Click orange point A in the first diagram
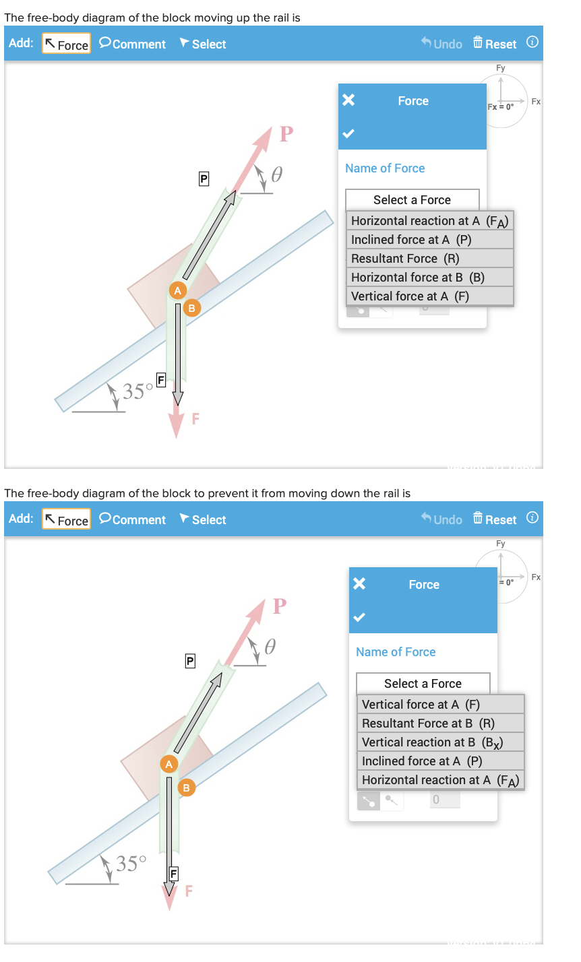coord(177,290)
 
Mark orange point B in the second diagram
coord(186,787)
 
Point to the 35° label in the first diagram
coord(133,391)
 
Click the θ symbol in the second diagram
coord(269,647)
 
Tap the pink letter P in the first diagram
coord(286,134)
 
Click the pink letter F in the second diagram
coord(189,892)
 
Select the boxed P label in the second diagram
coord(190,662)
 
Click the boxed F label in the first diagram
coord(161,379)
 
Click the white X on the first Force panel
coord(348,100)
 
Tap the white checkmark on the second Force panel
coord(359,616)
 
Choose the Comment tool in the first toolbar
coord(132,44)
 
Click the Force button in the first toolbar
coord(66,44)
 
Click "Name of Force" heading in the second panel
coord(396,652)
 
